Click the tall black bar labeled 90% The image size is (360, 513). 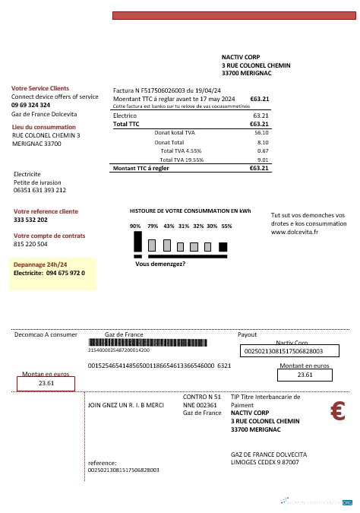pyautogui.click(x=137, y=242)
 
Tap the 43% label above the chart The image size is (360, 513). pyautogui.click(x=169, y=226)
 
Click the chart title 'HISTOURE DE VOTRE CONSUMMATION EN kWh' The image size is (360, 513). pyautogui.click(x=190, y=211)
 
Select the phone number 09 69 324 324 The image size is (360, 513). pyautogui.click(x=31, y=105)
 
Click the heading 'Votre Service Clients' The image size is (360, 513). pyautogui.click(x=40, y=89)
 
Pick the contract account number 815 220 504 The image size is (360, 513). pyautogui.click(x=30, y=245)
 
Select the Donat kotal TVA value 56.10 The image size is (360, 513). pyautogui.click(x=262, y=132)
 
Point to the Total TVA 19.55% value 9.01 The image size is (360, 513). pyautogui.click(x=264, y=160)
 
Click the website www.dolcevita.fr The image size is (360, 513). pyautogui.click(x=295, y=232)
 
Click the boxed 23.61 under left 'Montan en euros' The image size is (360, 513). pyautogui.click(x=46, y=384)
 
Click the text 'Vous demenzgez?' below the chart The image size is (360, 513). pyautogui.click(x=160, y=264)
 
